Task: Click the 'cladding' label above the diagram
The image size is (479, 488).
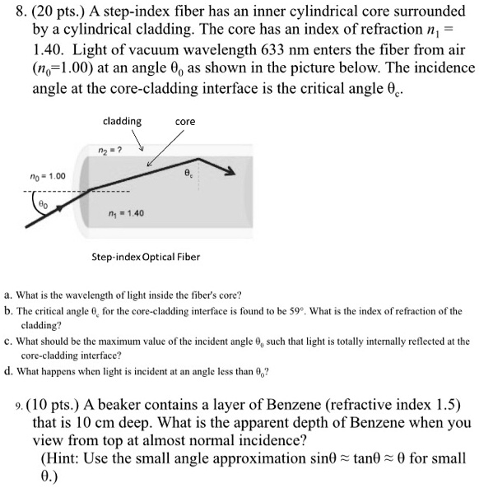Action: click(x=122, y=121)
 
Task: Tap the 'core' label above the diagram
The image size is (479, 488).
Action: click(x=185, y=122)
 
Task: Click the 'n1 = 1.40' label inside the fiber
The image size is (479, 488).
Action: click(x=127, y=213)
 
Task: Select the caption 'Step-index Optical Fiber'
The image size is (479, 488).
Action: click(x=146, y=256)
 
